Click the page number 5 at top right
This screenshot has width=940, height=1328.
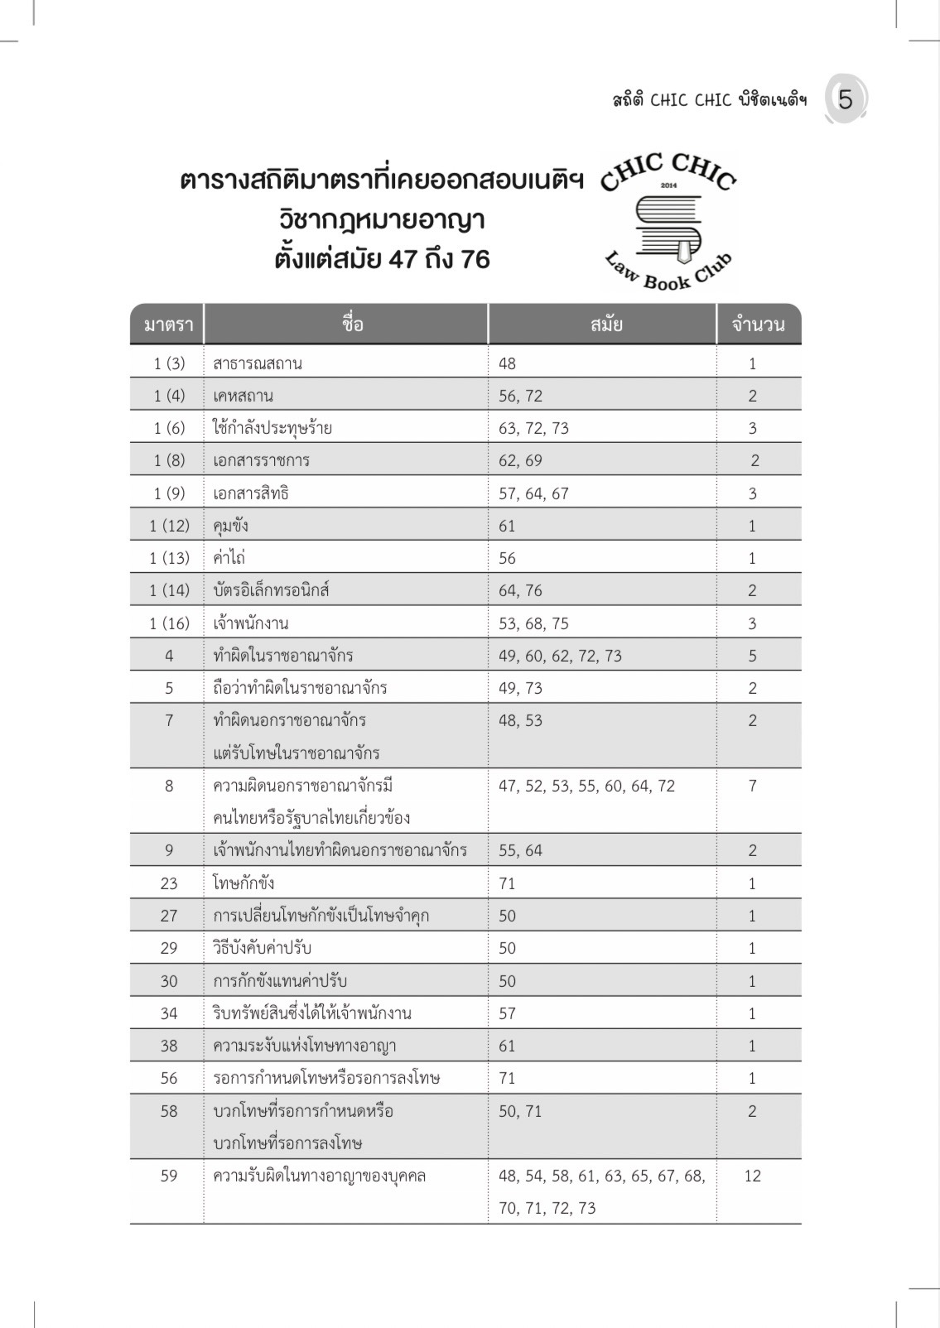[845, 100]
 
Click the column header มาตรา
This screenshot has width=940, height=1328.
[168, 325]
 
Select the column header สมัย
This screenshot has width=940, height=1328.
[606, 325]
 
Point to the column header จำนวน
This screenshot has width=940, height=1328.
[758, 325]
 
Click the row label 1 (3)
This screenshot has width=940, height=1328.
[169, 363]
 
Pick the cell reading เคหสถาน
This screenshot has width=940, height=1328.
[243, 396]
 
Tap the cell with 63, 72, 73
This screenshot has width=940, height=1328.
[534, 428]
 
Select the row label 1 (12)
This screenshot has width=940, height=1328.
[169, 526]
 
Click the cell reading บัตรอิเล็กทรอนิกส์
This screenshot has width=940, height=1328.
[272, 590]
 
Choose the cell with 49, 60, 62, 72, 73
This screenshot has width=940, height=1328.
[561, 656]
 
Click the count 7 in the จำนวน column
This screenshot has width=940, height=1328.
[752, 786]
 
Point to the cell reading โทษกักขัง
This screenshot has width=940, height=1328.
[243, 883]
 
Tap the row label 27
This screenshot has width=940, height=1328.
[169, 916]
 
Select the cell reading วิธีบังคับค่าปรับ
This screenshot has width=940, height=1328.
[263, 948]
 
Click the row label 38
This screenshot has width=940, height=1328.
[169, 1046]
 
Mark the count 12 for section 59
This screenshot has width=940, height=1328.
[752, 1176]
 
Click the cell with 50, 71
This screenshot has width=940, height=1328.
[520, 1111]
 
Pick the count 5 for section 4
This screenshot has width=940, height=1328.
[752, 656]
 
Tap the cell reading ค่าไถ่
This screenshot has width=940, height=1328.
[229, 558]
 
